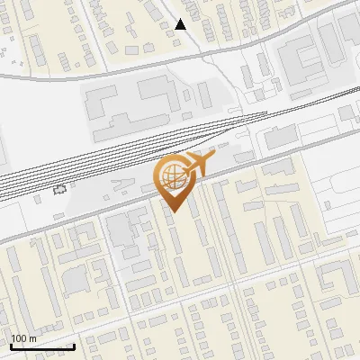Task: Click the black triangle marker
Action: click(182, 24)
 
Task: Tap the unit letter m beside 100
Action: click(32, 338)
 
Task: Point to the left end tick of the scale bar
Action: click(11, 346)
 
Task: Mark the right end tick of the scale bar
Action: click(74, 346)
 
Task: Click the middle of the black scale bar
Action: click(42, 347)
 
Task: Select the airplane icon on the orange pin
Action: click(198, 165)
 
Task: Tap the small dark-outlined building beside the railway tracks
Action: click(60, 189)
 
